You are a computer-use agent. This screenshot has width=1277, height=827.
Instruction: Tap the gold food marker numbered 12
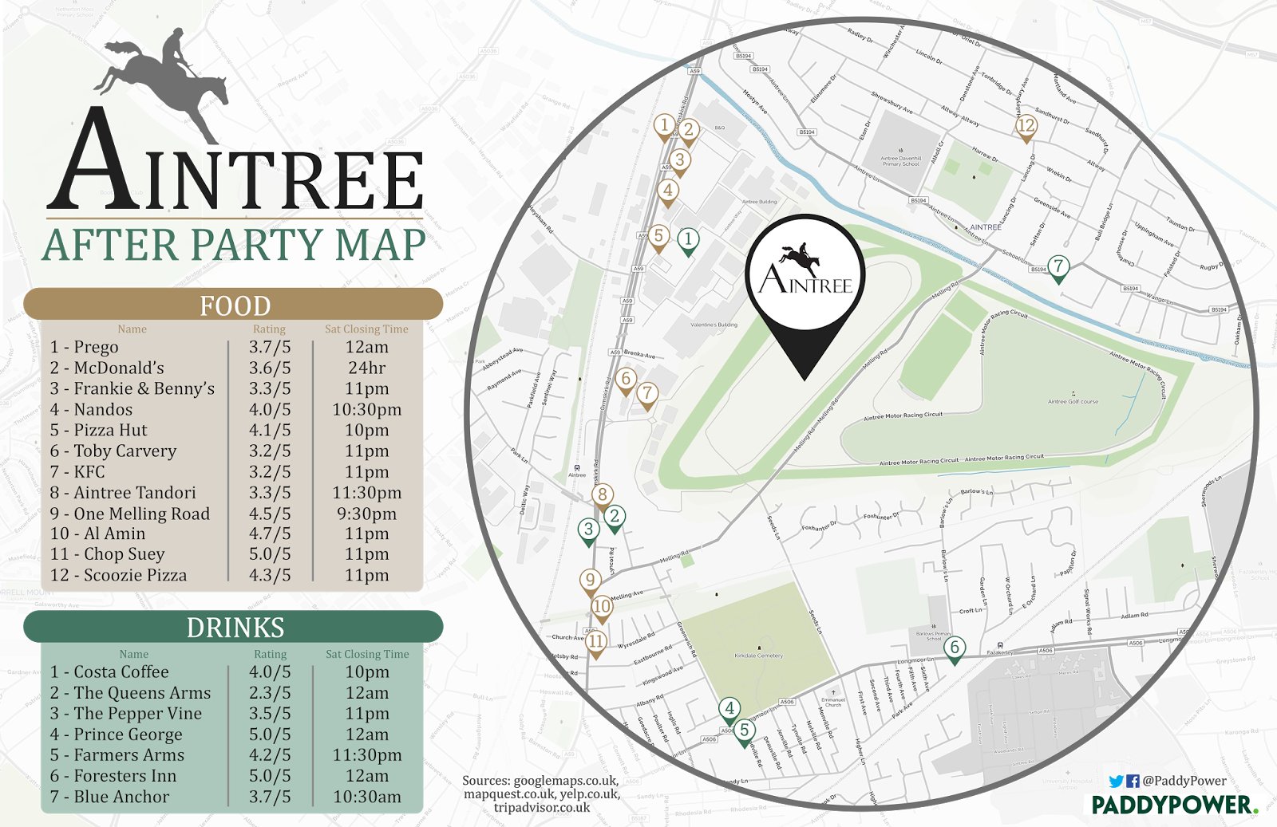[1026, 126]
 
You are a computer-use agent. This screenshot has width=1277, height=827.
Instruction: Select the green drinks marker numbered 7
[1058, 266]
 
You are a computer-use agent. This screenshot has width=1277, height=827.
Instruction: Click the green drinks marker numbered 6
[955, 648]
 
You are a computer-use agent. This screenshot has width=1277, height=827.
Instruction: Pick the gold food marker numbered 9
[590, 581]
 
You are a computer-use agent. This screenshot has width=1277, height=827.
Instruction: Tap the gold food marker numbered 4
[668, 191]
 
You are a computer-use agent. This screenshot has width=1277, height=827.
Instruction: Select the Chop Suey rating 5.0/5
[270, 554]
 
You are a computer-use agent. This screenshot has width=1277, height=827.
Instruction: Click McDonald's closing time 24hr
[367, 368]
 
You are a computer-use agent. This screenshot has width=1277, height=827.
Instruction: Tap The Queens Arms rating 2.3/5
[270, 693]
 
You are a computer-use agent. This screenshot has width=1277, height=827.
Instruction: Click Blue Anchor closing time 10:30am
[367, 797]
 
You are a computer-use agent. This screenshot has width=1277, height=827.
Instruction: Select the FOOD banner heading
[235, 305]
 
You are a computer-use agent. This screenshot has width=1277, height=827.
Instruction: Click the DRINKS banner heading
[235, 628]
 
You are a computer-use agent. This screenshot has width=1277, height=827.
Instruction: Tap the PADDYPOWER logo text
[1173, 805]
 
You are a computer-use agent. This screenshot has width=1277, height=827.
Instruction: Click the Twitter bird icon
[1116, 782]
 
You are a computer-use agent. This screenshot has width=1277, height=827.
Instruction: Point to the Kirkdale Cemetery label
[758, 656]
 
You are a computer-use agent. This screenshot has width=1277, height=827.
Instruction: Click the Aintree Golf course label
[1073, 401]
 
